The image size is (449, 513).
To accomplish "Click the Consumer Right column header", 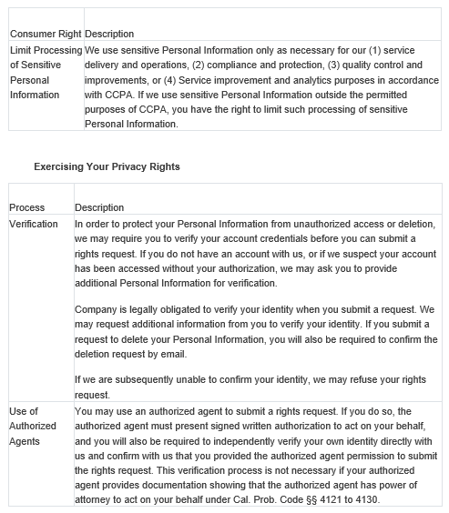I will (45, 35).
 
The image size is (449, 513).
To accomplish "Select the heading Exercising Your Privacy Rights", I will (107, 167).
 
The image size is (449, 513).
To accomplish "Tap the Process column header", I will (27, 208).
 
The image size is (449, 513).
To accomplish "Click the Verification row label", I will (34, 224).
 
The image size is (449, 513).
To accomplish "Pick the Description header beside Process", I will (100, 208).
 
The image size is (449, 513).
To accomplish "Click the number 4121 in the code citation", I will (326, 499).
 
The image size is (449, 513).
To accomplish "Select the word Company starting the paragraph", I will (97, 309).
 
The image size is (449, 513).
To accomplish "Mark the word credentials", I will (264, 238).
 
